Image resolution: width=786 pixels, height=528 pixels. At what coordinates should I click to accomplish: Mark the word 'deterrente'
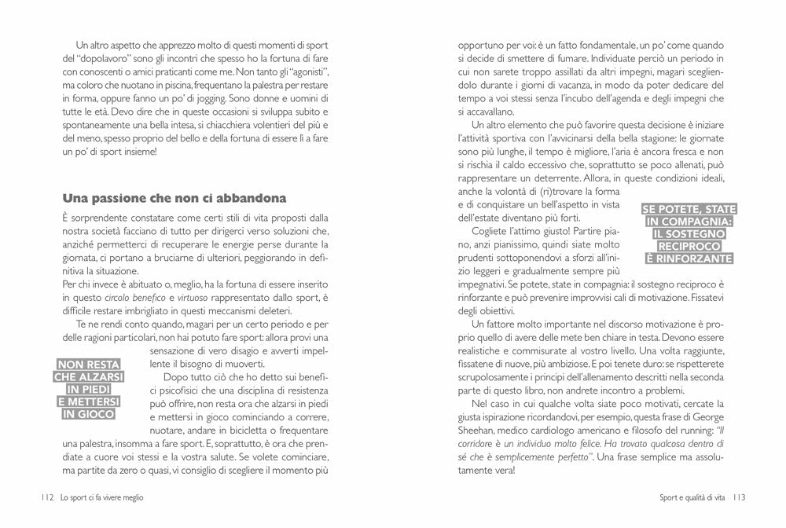(571, 178)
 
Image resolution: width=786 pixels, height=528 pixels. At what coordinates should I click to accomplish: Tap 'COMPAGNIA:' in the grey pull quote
(689, 222)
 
